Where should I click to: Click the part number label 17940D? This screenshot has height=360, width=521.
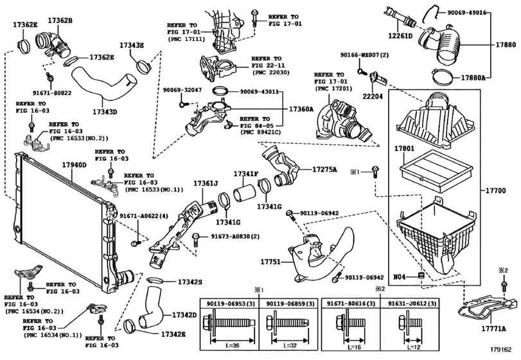pos(74,165)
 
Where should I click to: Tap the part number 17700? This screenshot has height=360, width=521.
pos(495,190)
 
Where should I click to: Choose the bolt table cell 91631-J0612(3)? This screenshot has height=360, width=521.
pos(412,303)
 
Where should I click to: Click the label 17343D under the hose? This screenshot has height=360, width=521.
pos(105,112)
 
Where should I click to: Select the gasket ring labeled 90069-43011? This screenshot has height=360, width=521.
pos(221,91)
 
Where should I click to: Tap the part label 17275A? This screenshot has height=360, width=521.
pos(324,170)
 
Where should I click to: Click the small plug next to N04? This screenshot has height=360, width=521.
pos(421,275)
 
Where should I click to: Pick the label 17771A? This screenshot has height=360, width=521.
pos(494,328)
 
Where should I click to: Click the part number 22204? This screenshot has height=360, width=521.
pos(373,96)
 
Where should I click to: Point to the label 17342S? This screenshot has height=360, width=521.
pos(190,282)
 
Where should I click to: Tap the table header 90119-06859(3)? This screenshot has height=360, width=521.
pos(290,303)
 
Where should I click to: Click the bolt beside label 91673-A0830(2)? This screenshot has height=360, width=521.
pos(196,240)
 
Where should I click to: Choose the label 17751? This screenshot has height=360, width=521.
pos(270,262)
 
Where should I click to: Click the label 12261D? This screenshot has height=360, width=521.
pos(400,35)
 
